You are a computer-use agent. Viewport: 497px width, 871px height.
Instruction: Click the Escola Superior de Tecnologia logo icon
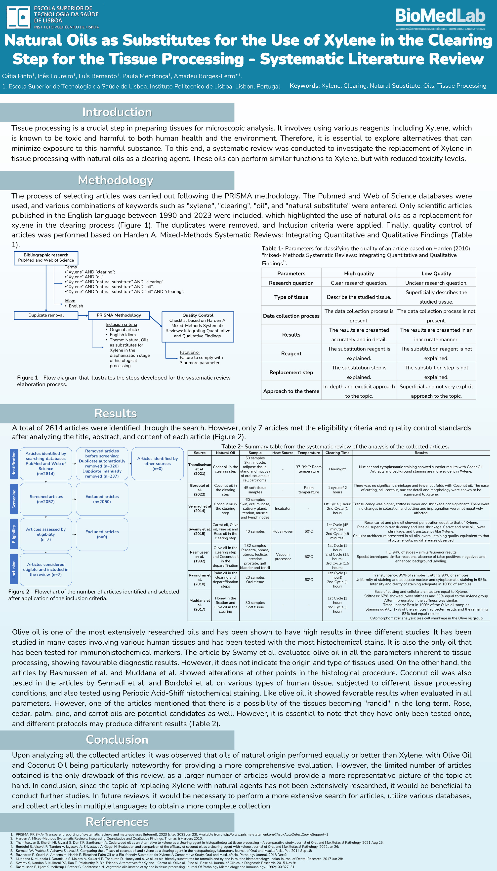pyautogui.click(x=18, y=17)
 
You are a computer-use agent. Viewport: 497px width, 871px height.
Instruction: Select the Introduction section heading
pyautogui.click(x=117, y=112)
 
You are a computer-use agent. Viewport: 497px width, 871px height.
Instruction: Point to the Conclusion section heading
pyautogui.click(x=117, y=740)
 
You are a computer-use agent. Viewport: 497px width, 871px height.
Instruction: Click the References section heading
pyautogui.click(x=117, y=822)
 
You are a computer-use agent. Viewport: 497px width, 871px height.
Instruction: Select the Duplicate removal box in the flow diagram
pyautogui.click(x=46, y=315)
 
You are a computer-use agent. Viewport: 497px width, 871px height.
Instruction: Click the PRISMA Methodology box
pyautogui.click(x=119, y=315)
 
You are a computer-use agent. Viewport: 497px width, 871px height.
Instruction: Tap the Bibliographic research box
pyautogui.click(x=46, y=258)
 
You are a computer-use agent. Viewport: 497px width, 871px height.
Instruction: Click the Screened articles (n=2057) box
pyautogui.click(x=46, y=499)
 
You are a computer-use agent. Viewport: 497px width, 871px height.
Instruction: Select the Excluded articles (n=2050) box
pyautogui.click(x=102, y=499)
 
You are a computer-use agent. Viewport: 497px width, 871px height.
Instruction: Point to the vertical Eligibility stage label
pyautogui.click(x=14, y=534)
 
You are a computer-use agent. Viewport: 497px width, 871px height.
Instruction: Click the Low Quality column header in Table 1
pyautogui.click(x=436, y=273)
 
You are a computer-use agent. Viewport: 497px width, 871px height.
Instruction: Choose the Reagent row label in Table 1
pyautogui.click(x=291, y=353)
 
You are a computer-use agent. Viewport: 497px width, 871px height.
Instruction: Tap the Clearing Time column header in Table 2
pyautogui.click(x=337, y=453)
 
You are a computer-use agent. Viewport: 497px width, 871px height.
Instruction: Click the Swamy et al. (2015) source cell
pyautogui.click(x=200, y=531)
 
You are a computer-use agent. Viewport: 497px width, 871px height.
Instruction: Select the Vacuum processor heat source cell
pyautogui.click(x=283, y=557)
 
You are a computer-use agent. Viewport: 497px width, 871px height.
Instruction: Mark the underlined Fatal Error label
pyautogui.click(x=190, y=352)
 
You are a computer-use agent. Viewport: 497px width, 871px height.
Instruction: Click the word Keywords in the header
pyautogui.click(x=304, y=86)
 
